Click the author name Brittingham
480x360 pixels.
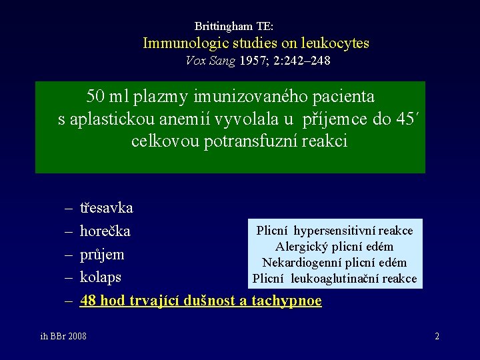223,26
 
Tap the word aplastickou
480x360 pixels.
114,119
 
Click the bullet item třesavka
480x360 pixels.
106,208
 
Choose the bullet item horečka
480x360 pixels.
105,231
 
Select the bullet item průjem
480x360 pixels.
102,255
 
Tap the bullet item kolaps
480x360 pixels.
100,277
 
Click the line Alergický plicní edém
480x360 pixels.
335,247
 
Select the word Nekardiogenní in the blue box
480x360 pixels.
297,263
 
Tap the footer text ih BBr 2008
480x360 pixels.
63,336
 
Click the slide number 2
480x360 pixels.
437,336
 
